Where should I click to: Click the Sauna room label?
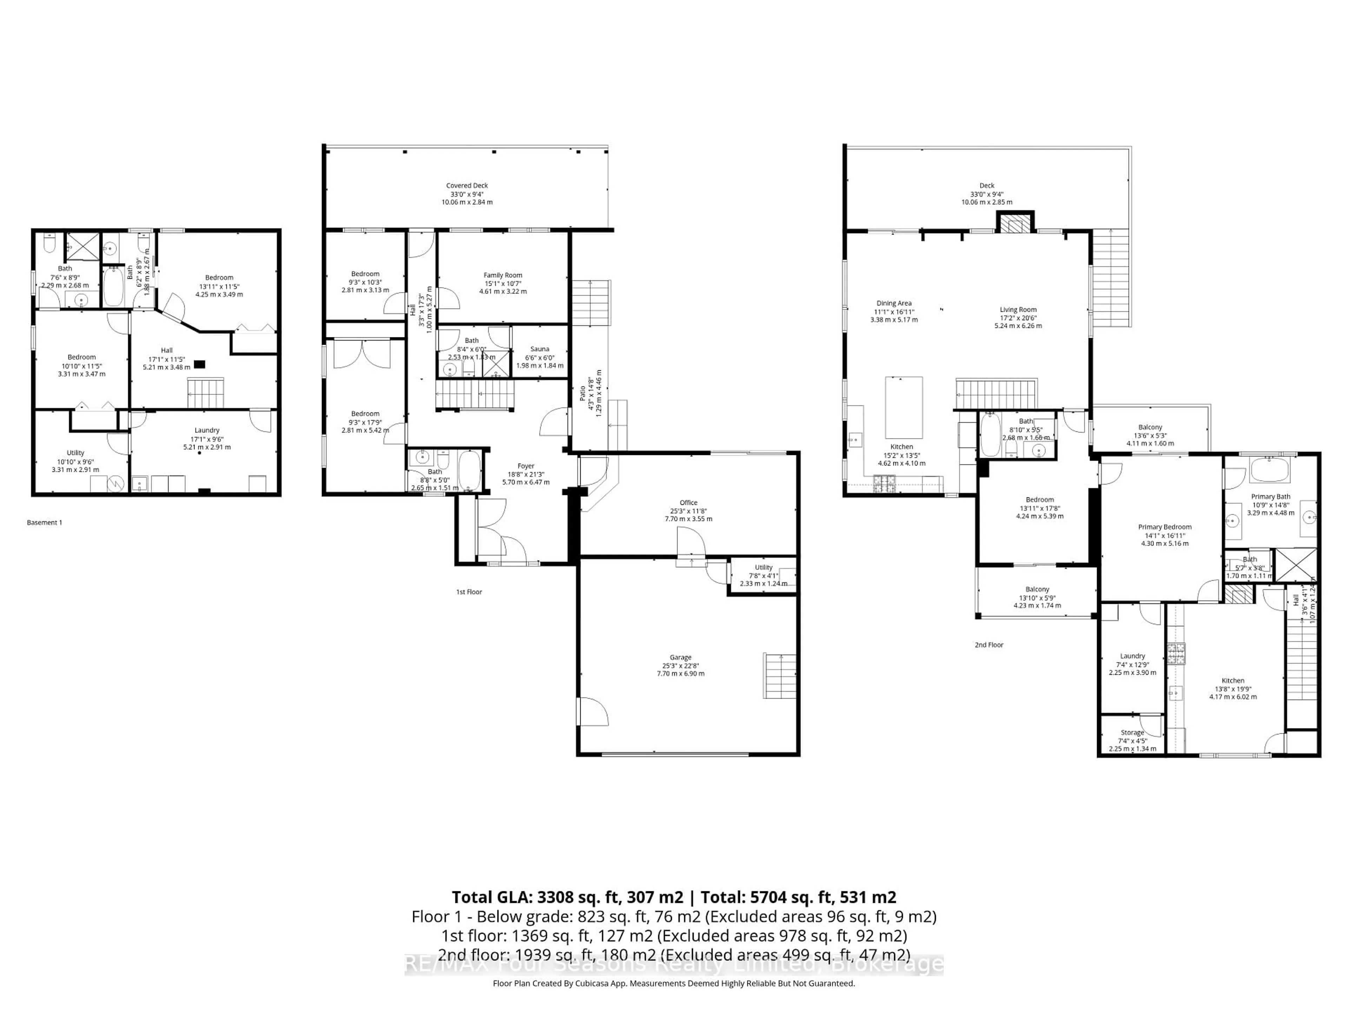[x=539, y=349]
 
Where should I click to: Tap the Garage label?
[x=680, y=658]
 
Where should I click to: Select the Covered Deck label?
[x=467, y=186]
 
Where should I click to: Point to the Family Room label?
[x=503, y=276]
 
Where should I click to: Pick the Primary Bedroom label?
[x=1164, y=527]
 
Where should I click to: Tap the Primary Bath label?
[x=1271, y=497]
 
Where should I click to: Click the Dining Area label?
[x=894, y=304]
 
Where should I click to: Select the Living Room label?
[x=1018, y=310]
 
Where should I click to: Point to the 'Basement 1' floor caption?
[x=45, y=522]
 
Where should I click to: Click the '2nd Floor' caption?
[x=989, y=645]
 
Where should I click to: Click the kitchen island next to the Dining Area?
[x=903, y=408]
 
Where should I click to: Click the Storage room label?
[x=1132, y=733]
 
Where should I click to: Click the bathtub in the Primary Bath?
[x=1269, y=469]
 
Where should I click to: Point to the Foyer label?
[x=525, y=466]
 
